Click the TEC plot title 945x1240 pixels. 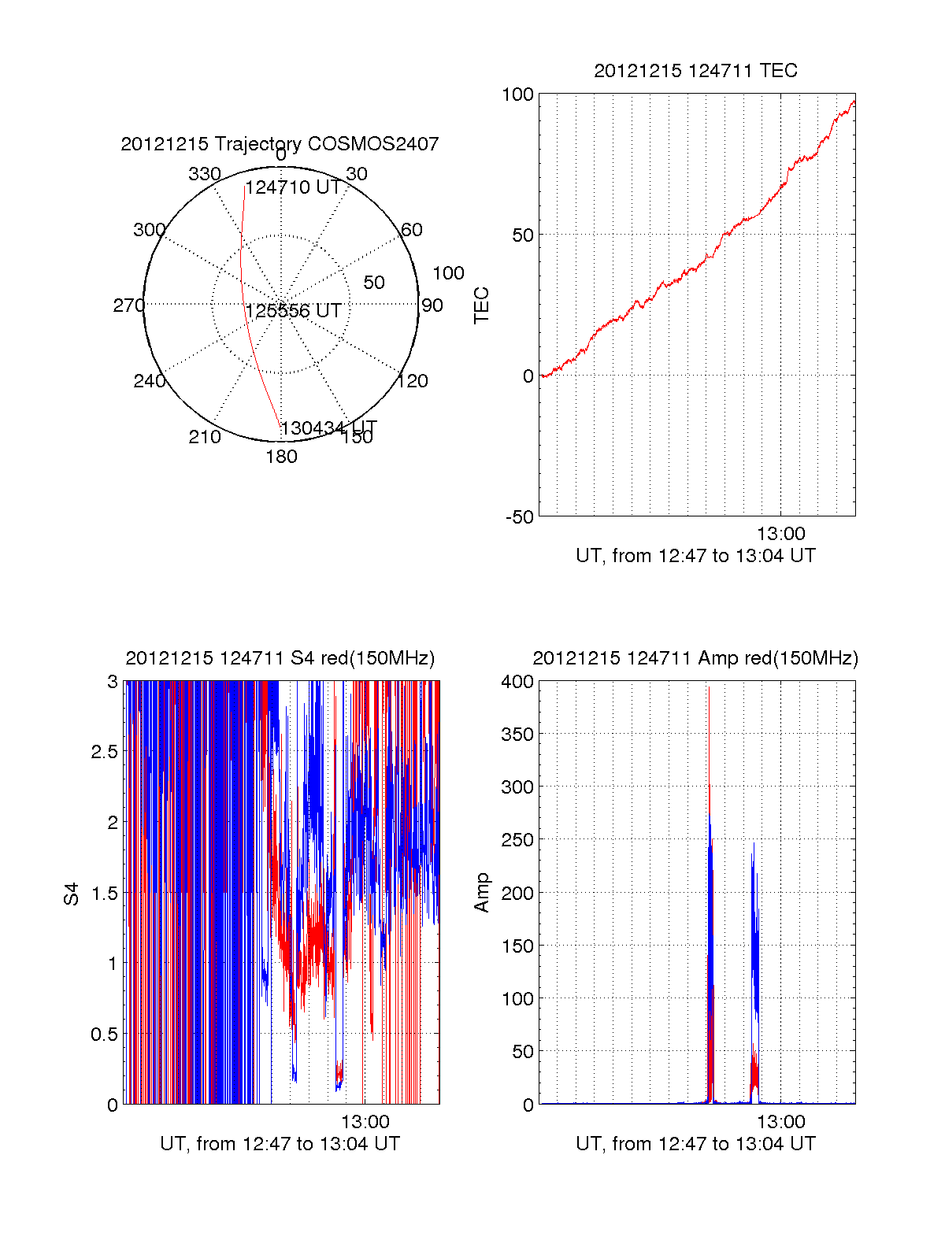(695, 71)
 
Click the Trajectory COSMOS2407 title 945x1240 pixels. (280, 144)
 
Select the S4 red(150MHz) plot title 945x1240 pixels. (280, 658)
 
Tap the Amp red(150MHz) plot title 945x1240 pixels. (695, 658)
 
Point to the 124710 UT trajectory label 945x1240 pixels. (293, 187)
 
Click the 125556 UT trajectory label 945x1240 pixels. (293, 311)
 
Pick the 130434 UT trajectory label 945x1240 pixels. (328, 428)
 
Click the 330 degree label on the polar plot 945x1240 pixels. (204, 174)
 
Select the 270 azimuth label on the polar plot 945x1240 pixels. (128, 305)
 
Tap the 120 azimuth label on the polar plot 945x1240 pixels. (413, 381)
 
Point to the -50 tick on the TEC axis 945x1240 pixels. (519, 517)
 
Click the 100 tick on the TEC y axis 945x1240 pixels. (517, 95)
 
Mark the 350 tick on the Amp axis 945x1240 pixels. (517, 735)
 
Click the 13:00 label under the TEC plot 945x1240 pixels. (780, 534)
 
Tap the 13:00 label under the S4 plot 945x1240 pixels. (365, 1122)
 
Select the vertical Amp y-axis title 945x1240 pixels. (482, 893)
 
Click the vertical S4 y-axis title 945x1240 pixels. (72, 894)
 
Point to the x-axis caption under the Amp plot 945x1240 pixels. (695, 1144)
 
